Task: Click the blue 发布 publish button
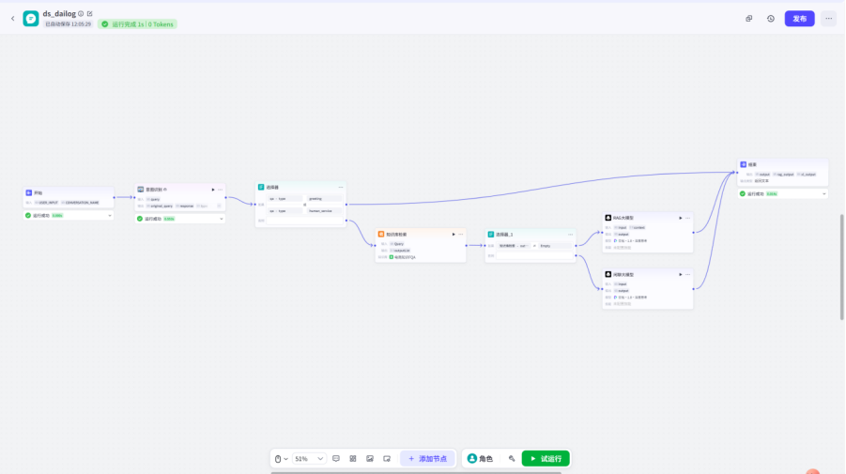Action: click(799, 18)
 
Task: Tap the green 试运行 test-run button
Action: click(546, 458)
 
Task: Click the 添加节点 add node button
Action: click(427, 458)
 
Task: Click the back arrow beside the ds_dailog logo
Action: click(12, 18)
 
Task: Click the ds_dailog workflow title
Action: click(58, 13)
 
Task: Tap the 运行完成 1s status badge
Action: click(137, 24)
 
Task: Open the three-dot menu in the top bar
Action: click(828, 18)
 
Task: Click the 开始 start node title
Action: click(38, 192)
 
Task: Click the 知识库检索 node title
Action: click(395, 234)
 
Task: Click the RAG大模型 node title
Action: click(623, 217)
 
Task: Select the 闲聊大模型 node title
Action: click(624, 273)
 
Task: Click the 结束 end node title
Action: click(752, 164)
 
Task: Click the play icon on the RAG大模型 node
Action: click(681, 217)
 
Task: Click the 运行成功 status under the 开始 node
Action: click(41, 215)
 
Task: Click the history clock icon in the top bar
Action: click(771, 18)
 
